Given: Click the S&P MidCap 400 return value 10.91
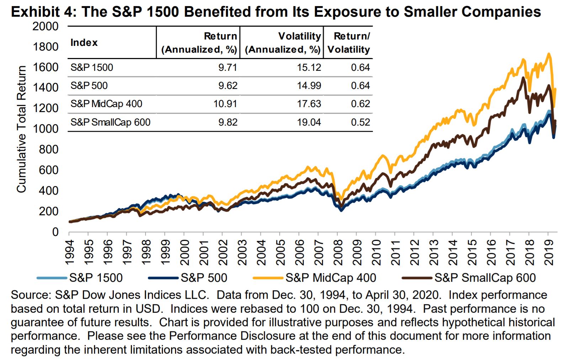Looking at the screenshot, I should point(225,104).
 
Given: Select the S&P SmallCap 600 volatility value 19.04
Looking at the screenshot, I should point(309,122).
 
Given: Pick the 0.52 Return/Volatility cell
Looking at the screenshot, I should point(360,122).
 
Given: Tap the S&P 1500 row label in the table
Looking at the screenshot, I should point(92,68).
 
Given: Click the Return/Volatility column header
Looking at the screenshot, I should point(349,43).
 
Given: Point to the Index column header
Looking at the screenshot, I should point(84,43).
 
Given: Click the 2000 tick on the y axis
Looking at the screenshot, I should point(45,26).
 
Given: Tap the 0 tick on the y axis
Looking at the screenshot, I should point(55,232).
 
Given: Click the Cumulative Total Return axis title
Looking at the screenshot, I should point(22,129).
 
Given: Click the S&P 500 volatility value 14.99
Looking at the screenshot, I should point(309,86).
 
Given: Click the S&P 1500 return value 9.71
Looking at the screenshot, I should point(228,68).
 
